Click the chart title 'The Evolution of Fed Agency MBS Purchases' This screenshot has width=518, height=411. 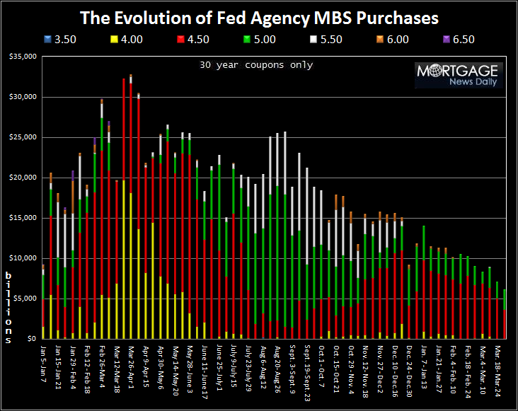pos(259,17)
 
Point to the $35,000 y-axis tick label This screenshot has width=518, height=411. pos(21,57)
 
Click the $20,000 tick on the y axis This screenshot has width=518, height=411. pos(21,178)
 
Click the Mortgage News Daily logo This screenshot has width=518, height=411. pos(457,75)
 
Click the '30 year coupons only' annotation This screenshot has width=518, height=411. pos(256,65)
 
